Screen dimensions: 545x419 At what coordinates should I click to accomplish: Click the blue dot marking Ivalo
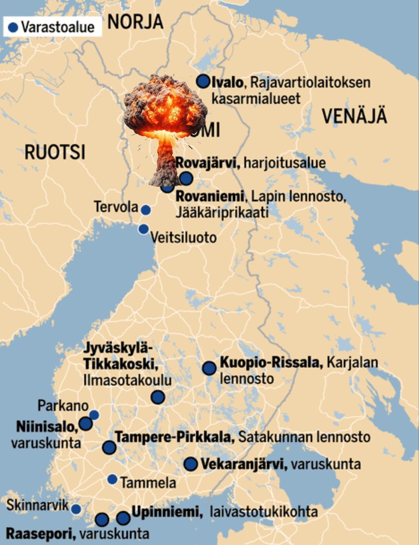203,82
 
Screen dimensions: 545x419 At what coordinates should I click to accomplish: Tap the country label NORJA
135,21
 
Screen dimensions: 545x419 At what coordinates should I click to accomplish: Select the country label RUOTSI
55,153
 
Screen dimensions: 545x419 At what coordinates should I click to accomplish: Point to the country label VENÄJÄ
354,117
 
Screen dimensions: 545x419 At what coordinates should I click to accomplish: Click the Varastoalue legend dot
13,27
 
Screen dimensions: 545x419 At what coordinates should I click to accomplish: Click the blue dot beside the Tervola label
145,210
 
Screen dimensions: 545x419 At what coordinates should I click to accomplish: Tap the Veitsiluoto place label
183,237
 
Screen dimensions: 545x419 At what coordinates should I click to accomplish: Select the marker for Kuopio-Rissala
209,368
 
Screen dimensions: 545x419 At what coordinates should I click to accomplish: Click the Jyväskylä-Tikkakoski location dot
158,397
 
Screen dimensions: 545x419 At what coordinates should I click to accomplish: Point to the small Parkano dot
94,415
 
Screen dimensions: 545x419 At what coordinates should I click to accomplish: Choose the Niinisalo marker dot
85,424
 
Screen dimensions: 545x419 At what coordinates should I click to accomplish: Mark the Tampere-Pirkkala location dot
109,447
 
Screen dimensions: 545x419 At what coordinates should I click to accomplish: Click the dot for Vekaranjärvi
190,464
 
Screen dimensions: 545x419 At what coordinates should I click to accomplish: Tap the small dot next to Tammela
112,479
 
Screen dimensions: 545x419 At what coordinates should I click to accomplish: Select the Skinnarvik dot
76,509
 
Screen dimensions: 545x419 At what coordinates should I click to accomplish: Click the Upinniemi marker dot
123,518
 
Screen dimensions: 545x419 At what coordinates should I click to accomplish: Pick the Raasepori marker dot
102,520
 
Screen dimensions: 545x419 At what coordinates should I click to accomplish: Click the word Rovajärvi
208,163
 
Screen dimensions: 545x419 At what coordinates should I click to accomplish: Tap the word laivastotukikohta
264,512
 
